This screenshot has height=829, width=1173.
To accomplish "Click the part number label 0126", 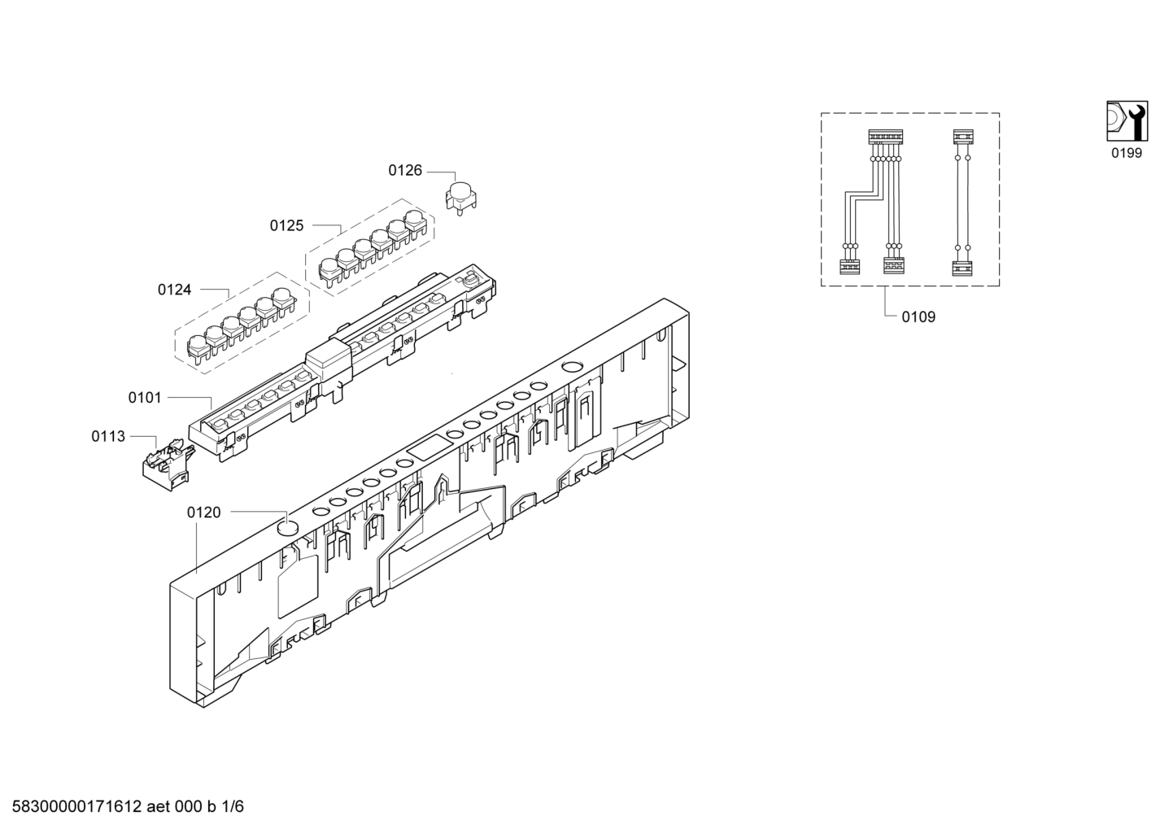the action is coord(405,170).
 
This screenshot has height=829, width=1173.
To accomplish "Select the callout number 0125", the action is coord(286,225).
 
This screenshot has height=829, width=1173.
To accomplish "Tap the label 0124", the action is coord(174,290).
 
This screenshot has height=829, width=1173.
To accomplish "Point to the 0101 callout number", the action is coord(145,398).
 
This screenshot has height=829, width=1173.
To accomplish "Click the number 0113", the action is coord(108,436).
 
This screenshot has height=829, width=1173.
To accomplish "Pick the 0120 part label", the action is coord(203,513).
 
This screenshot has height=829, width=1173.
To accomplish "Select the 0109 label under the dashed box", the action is coord(918,316).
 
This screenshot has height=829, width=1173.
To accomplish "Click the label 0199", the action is coord(1127,153).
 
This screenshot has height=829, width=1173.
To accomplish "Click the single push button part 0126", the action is coord(460,198).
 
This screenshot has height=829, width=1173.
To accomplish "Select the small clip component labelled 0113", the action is coord(168,466).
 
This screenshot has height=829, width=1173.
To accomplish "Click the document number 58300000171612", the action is coord(76,806).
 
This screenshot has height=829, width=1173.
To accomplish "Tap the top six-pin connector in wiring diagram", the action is coord(886,137).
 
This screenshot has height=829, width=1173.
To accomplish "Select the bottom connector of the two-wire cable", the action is coord(962,268).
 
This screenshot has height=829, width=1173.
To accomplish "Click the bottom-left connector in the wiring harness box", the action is coord(849,267).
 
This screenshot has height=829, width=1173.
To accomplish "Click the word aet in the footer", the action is coord(158,807).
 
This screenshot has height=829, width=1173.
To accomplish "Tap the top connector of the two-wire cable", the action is coord(963,137).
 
